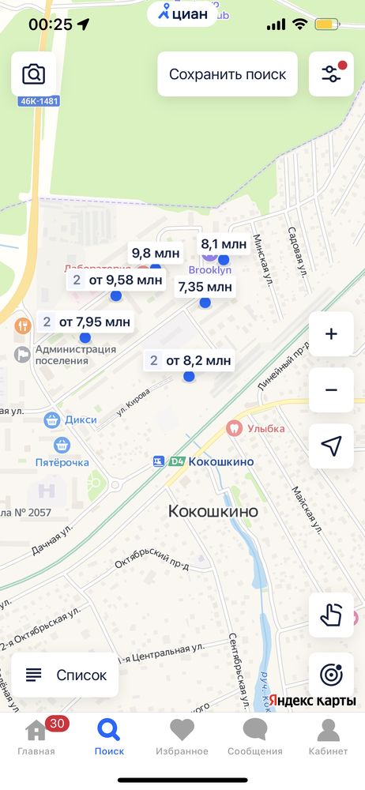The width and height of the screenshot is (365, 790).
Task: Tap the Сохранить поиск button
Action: (228, 74)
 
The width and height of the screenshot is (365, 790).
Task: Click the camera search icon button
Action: (33, 74)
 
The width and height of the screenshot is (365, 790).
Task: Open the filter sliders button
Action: (331, 74)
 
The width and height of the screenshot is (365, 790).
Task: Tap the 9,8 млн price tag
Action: (156, 254)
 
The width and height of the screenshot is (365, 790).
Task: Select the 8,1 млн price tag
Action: (224, 244)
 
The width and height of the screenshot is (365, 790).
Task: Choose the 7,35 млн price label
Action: (205, 287)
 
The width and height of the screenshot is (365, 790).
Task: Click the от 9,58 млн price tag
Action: (115, 280)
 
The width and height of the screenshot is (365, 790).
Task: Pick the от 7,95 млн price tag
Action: (85, 322)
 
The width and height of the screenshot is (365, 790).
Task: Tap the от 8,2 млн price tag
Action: (189, 361)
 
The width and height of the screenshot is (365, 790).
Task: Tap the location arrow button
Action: (331, 446)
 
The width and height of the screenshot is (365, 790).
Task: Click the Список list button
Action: (66, 675)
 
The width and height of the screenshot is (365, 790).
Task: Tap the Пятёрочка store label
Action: (62, 461)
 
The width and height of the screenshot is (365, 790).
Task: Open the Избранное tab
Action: (182, 736)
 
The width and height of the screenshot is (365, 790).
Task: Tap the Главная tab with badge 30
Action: (36, 736)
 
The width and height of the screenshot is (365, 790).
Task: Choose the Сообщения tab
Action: (254, 736)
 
